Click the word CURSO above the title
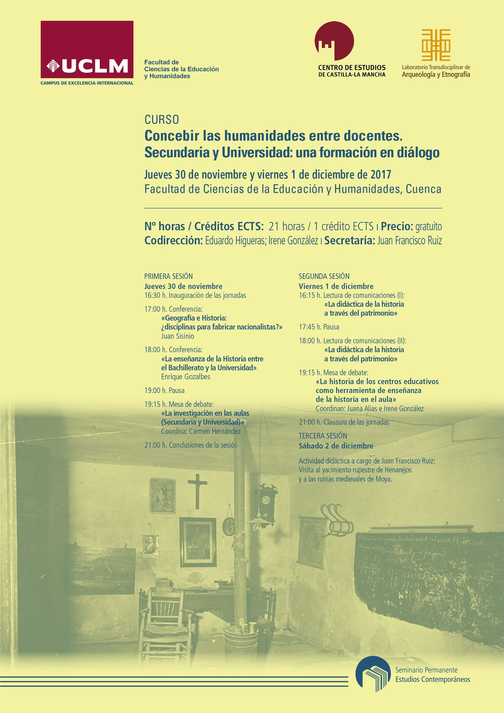[x=162, y=120]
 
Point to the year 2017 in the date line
[x=381, y=175]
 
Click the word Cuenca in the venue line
[x=423, y=189]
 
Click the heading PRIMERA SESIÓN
[x=168, y=276]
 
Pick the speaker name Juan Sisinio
[x=178, y=336]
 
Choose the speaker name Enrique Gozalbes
[x=186, y=377]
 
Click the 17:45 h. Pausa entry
[x=319, y=327]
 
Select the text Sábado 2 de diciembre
[x=336, y=446]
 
